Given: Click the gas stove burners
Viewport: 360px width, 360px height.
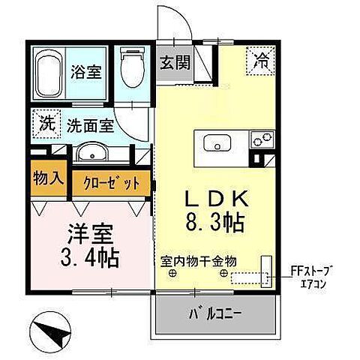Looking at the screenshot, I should pyautogui.click(x=262, y=139).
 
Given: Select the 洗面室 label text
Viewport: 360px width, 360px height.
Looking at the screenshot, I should pyautogui.click(x=88, y=125).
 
